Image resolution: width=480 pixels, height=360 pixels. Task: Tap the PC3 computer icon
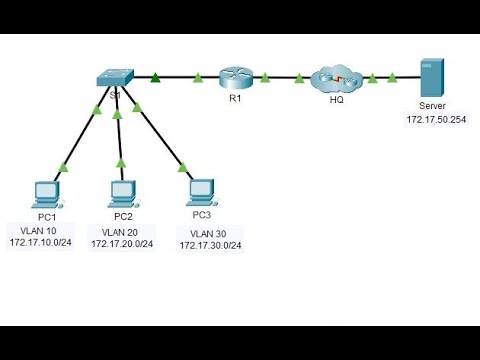pos(201,188)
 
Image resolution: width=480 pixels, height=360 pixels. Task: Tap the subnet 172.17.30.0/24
pos(213,245)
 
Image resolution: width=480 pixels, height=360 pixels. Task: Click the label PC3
pos(201,213)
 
